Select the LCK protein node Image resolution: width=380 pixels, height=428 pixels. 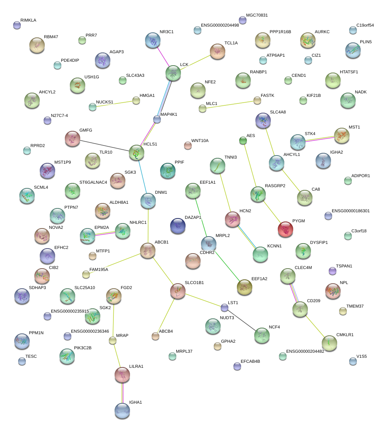tap(173, 73)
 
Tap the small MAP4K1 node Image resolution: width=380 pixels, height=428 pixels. tap(157, 119)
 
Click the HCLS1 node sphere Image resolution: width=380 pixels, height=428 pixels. tap(136, 153)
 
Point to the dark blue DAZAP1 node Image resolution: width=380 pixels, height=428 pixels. tap(178, 226)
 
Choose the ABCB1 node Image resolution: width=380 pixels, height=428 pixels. tap(148, 250)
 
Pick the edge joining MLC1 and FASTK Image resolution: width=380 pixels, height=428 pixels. tap(230, 105)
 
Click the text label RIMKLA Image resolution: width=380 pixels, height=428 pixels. tap(28, 20)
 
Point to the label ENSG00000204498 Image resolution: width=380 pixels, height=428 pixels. tap(220, 25)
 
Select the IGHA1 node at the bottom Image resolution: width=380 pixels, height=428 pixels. tap(122, 411)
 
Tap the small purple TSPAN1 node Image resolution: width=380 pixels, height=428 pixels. tap(333, 271)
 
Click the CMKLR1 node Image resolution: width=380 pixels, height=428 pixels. tap(329, 343)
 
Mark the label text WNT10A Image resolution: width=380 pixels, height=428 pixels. tap(200, 140)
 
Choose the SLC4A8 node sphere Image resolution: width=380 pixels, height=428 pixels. tap(263, 121)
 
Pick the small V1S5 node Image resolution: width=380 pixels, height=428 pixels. tap(353, 361)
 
